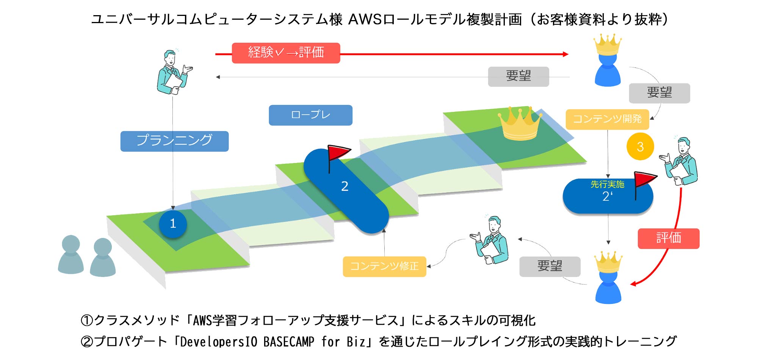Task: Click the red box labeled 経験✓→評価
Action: [x=286, y=53]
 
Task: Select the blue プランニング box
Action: [x=174, y=141]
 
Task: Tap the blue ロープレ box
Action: [x=310, y=115]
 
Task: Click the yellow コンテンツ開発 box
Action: [x=607, y=119]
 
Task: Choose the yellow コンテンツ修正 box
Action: [x=384, y=266]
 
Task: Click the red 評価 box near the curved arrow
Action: [x=668, y=238]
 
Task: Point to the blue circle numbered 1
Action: [x=173, y=224]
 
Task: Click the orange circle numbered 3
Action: [x=640, y=147]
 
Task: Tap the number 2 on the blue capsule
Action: [x=345, y=186]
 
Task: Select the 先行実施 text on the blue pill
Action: [x=607, y=185]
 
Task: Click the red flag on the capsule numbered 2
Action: [x=338, y=153]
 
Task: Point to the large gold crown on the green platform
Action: [x=520, y=124]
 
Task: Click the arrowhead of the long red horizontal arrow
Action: [x=566, y=54]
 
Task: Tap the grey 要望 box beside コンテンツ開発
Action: [x=659, y=93]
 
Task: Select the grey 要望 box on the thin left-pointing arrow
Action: [x=518, y=76]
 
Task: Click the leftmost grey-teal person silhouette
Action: [x=70, y=255]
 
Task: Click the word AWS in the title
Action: [x=365, y=19]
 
